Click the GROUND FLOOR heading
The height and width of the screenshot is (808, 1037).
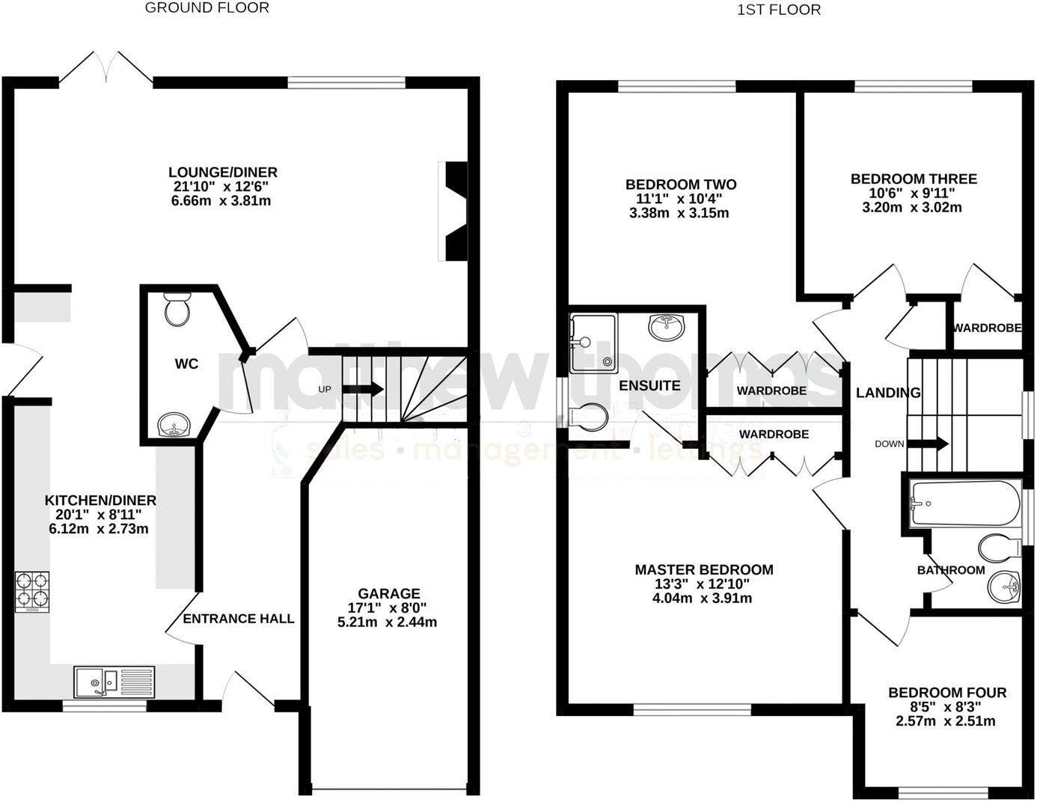pos(207,8)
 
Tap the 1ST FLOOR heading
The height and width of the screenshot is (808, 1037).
pos(779,10)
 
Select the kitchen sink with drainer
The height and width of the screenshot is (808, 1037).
pos(114,682)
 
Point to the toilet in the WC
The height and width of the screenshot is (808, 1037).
pos(178,310)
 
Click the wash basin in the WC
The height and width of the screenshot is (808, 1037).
pos(174,425)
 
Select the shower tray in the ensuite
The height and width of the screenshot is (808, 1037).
pos(593,343)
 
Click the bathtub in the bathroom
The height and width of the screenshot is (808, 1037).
pos(964,503)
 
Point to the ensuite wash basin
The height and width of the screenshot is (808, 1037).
pos(666,327)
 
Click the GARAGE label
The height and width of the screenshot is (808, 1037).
pos(388,593)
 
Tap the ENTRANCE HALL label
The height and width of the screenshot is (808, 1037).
pos(239,619)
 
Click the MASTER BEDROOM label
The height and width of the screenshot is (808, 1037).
pos(703,569)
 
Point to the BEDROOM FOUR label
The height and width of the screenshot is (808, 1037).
pos(946,693)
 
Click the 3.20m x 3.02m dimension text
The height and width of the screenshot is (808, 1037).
pos(913,207)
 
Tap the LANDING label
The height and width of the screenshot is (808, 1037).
pos(888,393)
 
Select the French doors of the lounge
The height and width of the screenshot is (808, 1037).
pos(106,67)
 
